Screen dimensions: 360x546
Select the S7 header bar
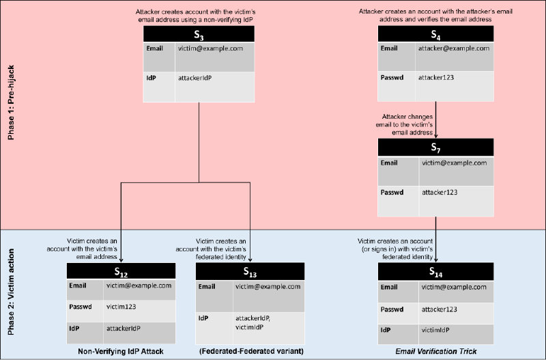435,148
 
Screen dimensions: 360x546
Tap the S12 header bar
120,271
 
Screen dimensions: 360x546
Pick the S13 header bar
250,271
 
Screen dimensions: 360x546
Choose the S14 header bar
435,271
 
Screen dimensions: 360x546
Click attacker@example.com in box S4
453,49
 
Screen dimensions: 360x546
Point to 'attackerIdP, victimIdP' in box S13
254,322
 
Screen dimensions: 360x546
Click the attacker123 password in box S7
444,193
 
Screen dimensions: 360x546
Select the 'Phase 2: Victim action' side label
10,294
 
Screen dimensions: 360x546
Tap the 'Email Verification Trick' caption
435,351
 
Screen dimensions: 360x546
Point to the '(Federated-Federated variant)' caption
250,351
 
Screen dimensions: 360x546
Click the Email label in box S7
388,163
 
